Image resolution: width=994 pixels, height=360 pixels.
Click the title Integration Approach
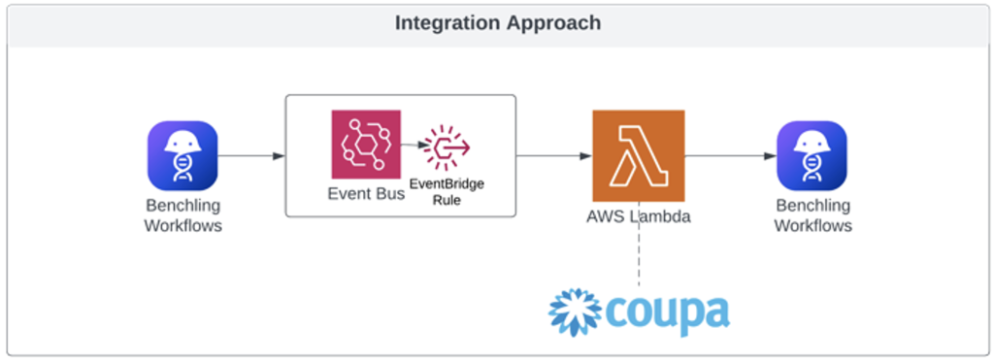coord(497,22)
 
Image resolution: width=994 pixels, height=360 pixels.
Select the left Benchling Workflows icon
coord(182,155)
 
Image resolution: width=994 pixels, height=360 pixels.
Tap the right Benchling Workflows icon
coord(812,155)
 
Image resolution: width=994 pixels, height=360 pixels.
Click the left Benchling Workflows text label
coord(182,215)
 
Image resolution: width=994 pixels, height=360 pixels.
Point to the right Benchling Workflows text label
coord(812,215)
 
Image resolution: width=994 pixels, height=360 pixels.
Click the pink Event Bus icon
coord(365,145)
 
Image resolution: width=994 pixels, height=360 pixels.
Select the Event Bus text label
coord(366,193)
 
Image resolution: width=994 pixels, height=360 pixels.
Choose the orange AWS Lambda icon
coord(638,155)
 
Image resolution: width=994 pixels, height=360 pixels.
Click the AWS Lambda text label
coord(638,216)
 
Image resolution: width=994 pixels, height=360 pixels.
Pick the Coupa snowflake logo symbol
coord(578,311)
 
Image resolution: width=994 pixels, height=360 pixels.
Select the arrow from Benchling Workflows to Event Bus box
coord(251,155)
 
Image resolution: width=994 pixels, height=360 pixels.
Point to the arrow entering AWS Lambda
coord(553,155)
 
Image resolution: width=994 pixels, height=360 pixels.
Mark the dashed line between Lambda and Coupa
coord(638,257)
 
